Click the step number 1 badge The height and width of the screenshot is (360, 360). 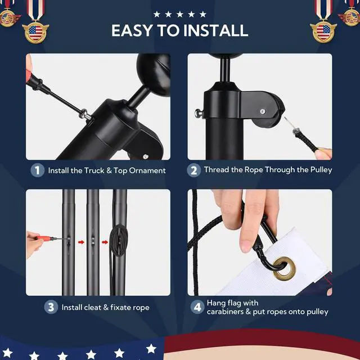click(x=38, y=170)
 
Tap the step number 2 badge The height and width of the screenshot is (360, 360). click(x=193, y=170)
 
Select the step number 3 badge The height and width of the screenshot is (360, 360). click(x=51, y=307)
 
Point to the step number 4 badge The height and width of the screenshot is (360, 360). click(x=197, y=307)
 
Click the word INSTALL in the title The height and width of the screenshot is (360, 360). click(x=216, y=30)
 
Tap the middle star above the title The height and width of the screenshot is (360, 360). click(x=180, y=14)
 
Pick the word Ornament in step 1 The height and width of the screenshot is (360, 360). click(x=147, y=170)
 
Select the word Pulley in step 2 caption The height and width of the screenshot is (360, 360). click(x=321, y=170)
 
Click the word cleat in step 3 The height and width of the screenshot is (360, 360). click(x=92, y=307)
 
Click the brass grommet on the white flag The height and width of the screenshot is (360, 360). click(x=284, y=268)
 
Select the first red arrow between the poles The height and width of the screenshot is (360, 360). click(x=81, y=242)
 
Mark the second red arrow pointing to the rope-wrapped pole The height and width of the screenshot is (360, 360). click(x=105, y=242)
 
